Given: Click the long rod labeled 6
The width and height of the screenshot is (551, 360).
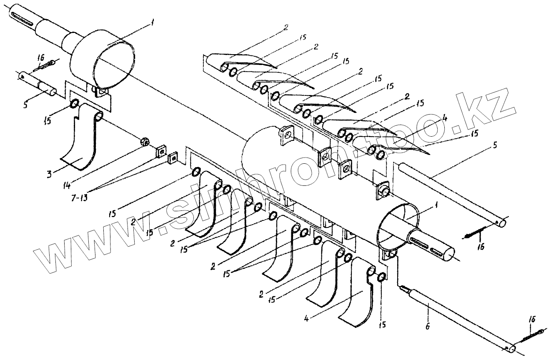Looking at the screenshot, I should click(458, 317).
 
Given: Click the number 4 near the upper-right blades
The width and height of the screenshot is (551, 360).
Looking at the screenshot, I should click(446, 118).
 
